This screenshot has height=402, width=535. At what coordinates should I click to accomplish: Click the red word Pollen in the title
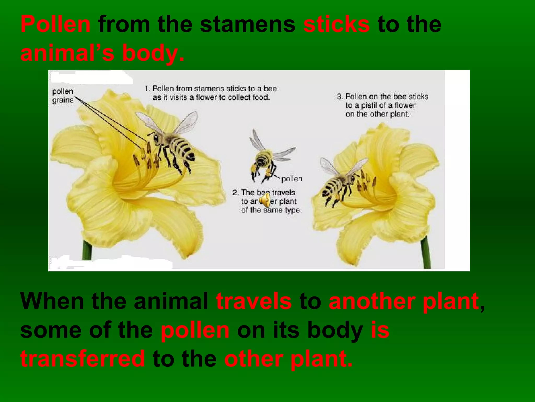pyautogui.click(x=55, y=24)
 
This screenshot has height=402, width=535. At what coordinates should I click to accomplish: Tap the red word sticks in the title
pyautogui.click(x=336, y=24)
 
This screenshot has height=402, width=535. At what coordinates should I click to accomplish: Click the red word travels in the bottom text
pyautogui.click(x=254, y=301)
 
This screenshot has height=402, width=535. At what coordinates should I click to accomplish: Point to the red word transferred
pyautogui.click(x=83, y=359)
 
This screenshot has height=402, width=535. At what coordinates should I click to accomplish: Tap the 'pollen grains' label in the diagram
pyautogui.click(x=63, y=96)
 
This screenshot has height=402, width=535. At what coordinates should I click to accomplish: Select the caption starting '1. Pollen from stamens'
pyautogui.click(x=211, y=93)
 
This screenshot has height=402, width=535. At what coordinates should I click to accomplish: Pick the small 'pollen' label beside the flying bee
pyautogui.click(x=292, y=179)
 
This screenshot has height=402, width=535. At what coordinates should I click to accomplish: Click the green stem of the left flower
pyautogui.click(x=87, y=250)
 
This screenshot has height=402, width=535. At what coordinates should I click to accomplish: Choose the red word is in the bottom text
pyautogui.click(x=380, y=330)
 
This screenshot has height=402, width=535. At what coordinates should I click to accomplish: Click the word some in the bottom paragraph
pyautogui.click(x=51, y=330)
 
